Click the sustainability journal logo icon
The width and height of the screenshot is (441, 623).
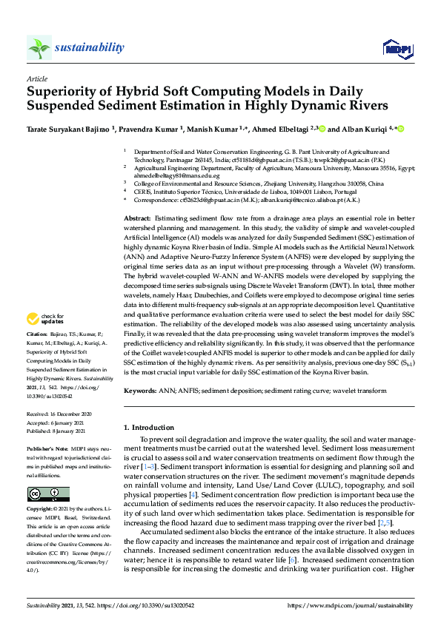pyautogui.click(x=39, y=48)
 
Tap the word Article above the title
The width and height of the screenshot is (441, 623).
pyautogui.click(x=36, y=78)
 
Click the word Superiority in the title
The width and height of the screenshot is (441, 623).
pyautogui.click(x=63, y=93)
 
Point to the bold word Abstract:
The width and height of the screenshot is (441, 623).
pyautogui.click(x=137, y=220)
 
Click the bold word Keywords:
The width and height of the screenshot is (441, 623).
pyautogui.click(x=140, y=389)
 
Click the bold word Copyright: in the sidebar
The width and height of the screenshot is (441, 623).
pyautogui.click(x=42, y=511)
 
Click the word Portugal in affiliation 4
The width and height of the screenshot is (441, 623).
pyautogui.click(x=351, y=191)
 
